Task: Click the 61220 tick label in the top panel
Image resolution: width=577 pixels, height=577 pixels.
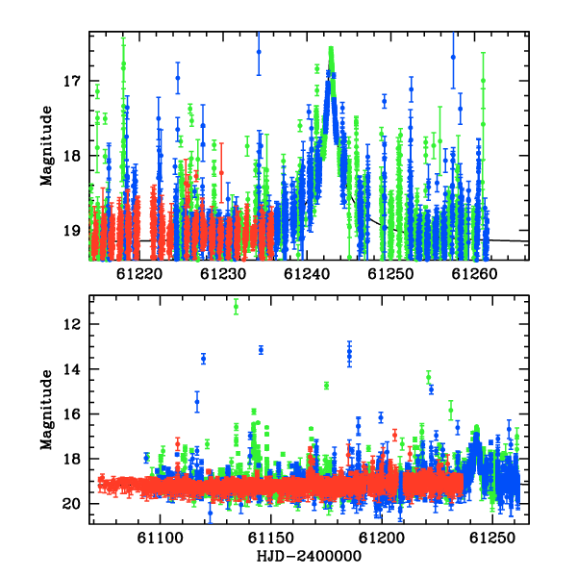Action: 139,274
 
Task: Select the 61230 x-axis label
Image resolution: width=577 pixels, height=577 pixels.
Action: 223,274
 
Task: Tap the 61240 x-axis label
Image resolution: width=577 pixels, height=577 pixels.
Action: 307,274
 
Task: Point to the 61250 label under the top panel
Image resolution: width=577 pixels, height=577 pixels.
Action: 390,274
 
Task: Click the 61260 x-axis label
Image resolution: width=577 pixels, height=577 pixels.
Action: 474,274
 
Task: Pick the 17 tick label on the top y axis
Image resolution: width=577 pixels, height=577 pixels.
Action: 72,81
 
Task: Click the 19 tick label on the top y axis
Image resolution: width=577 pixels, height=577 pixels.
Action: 72,231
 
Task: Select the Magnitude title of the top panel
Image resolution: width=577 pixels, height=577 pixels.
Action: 47,146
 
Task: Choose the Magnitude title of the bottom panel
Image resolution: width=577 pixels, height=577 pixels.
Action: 47,410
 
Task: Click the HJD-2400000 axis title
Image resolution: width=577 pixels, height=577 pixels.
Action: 309,557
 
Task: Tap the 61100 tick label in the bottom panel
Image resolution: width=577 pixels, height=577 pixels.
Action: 160,538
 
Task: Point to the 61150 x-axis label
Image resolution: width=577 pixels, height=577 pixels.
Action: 271,538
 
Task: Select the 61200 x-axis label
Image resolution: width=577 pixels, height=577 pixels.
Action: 382,538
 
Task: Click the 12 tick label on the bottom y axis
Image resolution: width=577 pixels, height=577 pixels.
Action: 72,324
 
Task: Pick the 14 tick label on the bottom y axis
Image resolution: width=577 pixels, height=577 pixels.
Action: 72,369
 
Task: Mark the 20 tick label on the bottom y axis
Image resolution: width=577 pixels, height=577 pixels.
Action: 71,504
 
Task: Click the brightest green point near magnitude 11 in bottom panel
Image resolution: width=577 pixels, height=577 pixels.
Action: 236,307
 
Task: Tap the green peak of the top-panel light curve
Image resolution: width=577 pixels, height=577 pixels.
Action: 331,50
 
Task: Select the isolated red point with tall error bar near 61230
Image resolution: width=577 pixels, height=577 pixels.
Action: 221,172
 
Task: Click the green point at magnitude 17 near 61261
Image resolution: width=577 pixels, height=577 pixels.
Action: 483,81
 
